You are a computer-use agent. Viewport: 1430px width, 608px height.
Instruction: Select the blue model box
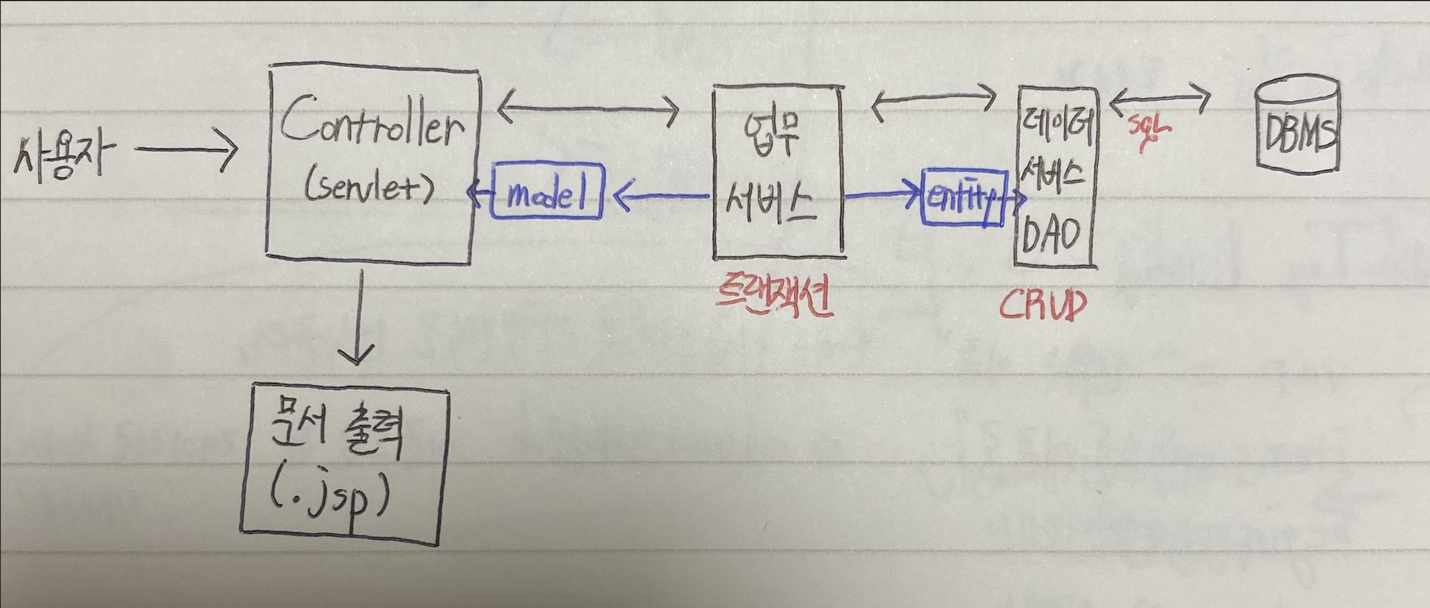tap(547, 192)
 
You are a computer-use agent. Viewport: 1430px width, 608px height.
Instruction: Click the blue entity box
tap(962, 198)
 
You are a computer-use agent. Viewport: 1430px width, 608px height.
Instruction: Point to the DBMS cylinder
tap(1298, 125)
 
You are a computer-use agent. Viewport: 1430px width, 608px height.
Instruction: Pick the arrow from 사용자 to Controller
tap(186, 148)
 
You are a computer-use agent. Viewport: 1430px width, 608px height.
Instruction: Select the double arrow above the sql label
tap(1160, 99)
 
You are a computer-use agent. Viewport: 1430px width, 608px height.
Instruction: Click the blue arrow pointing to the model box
tap(660, 196)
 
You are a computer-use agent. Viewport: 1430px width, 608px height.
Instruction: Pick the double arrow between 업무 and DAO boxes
tap(933, 102)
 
